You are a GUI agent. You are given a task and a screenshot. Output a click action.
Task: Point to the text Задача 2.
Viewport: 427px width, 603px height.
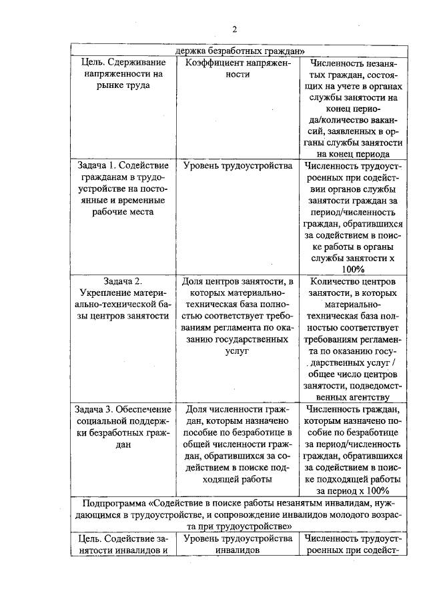pos(120,281)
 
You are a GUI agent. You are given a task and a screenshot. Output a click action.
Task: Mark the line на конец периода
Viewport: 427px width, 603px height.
pos(353,153)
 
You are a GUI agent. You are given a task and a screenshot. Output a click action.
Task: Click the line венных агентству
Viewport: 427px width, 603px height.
pos(353,396)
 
